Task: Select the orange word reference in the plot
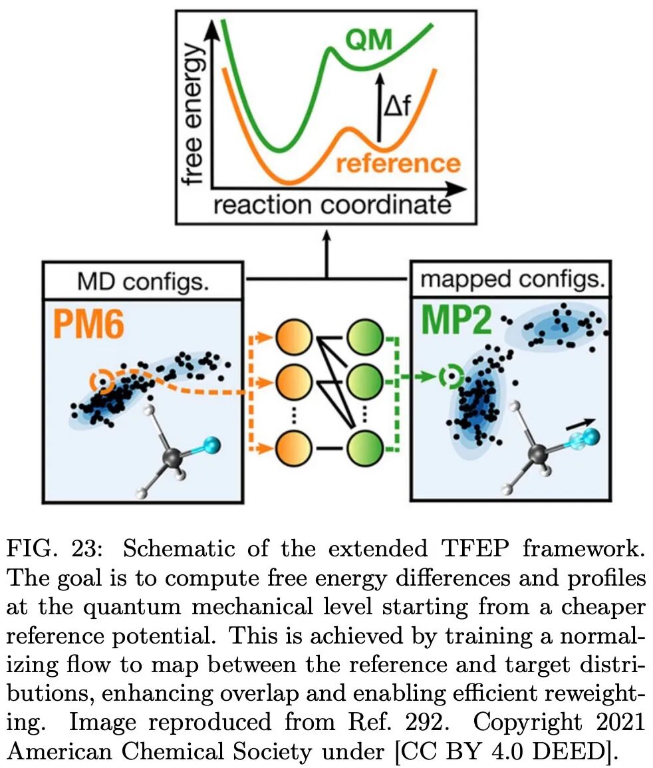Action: [x=398, y=163]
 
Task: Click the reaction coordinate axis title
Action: [x=331, y=205]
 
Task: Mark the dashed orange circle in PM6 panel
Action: [x=102, y=382]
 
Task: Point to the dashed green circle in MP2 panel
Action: [x=452, y=377]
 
